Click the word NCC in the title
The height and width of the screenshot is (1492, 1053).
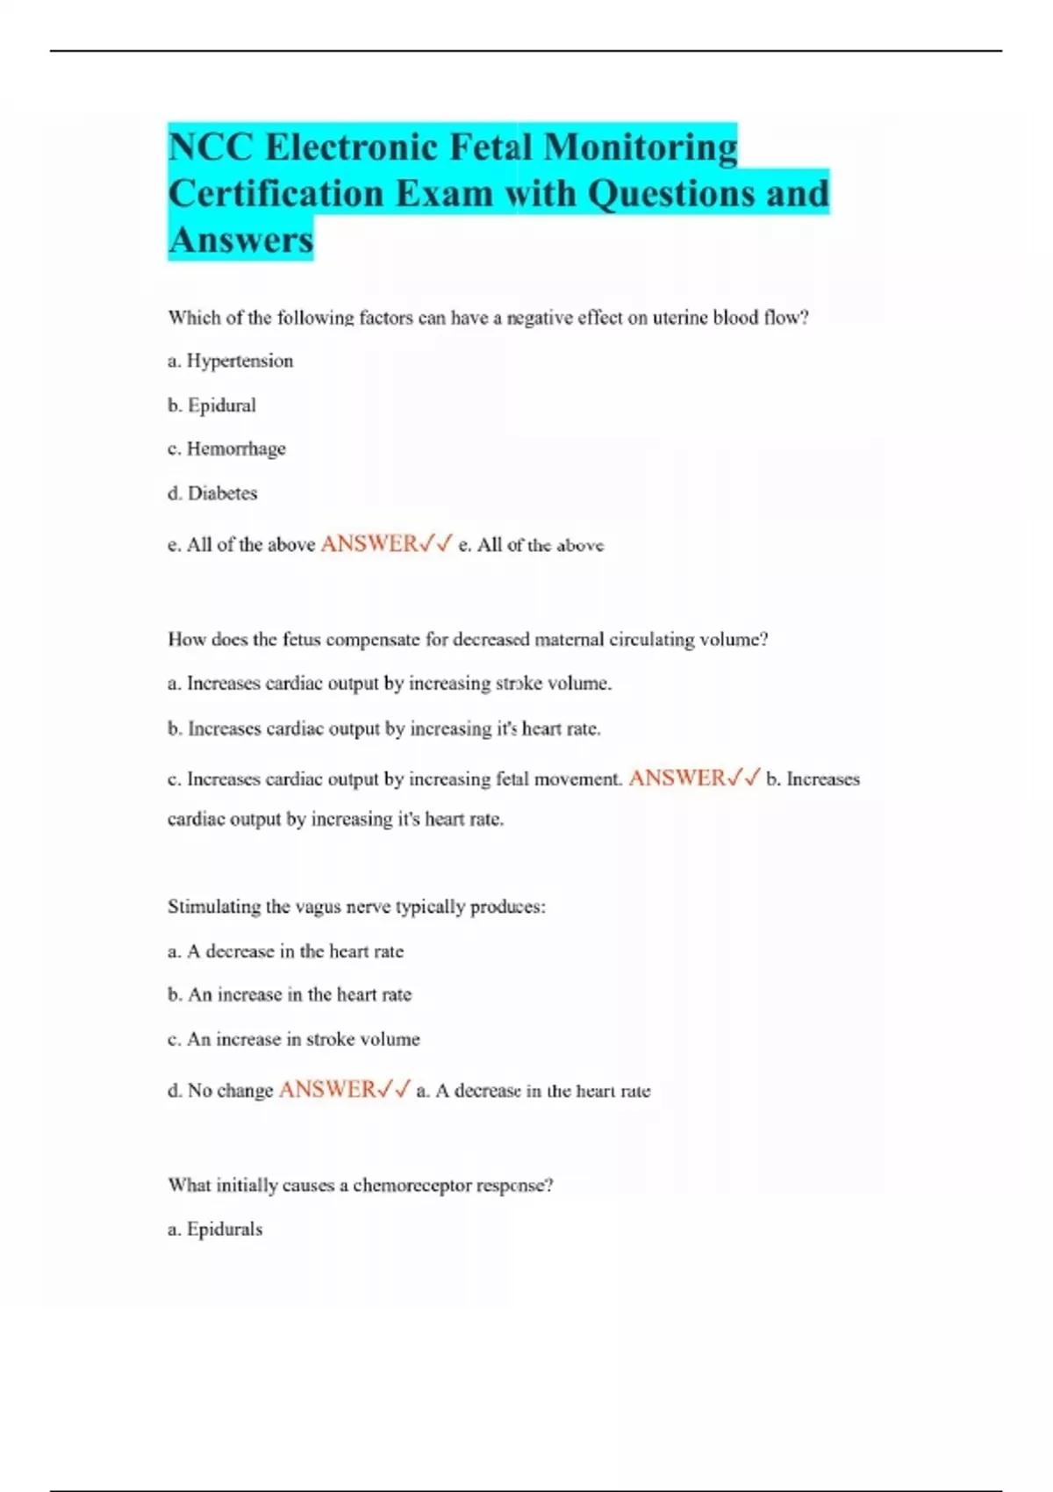pos(211,147)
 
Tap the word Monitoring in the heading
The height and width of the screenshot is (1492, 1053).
pos(641,147)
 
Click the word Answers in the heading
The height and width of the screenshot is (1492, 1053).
pos(240,240)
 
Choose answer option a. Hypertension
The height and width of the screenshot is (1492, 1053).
pos(230,361)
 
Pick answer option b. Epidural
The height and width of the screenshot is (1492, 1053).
pos(211,405)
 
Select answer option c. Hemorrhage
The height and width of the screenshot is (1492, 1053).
pos(226,448)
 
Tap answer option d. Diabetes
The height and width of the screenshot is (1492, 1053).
pos(212,493)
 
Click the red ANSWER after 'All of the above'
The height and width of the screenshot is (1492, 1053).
pos(369,544)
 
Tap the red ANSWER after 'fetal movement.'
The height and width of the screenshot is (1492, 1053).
pos(677,778)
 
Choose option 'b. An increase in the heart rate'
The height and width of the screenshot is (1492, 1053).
pos(290,994)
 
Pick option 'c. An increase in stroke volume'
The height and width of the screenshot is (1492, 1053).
pos(293,1039)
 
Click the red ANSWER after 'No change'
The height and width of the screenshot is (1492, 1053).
pos(327,1090)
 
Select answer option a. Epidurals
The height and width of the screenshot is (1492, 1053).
pos(215,1229)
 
